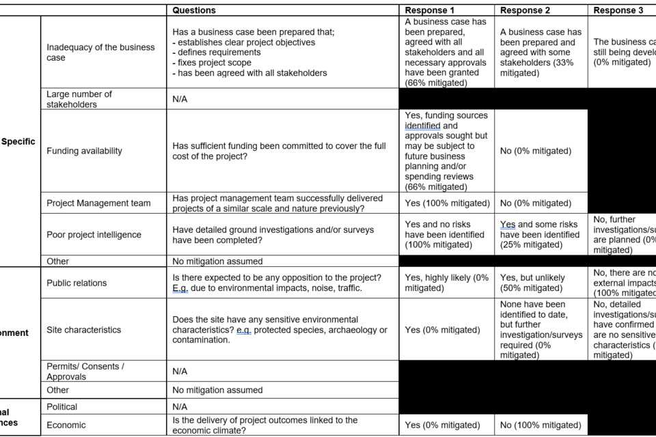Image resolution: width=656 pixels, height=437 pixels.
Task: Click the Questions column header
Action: click(194, 10)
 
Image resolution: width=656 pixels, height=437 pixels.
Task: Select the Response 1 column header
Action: click(430, 10)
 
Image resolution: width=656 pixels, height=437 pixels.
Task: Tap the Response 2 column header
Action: click(525, 10)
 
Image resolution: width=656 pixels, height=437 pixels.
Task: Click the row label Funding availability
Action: click(84, 151)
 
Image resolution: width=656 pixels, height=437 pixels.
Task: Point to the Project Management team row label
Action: click(98, 203)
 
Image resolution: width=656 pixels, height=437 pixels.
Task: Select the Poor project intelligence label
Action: click(94, 235)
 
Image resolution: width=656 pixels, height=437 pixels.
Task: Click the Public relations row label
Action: click(77, 283)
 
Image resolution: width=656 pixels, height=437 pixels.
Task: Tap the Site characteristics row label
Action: click(83, 330)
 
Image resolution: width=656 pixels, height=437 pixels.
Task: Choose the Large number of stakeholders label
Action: click(79, 99)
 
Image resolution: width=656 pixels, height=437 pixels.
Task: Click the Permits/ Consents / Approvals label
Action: click(85, 371)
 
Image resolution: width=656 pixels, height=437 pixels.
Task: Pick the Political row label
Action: click(62, 406)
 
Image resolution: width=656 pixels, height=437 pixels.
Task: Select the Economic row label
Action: click(66, 425)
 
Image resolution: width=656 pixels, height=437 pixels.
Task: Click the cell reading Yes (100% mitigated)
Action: click(447, 203)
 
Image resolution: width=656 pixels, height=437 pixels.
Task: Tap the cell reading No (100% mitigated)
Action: click(541, 425)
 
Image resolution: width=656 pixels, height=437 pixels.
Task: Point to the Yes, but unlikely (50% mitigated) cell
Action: click(533, 283)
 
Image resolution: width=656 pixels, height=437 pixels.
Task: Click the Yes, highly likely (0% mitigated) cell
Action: click(447, 283)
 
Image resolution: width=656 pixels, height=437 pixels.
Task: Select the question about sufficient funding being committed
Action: click(279, 151)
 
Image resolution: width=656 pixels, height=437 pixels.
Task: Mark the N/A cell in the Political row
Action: click(180, 406)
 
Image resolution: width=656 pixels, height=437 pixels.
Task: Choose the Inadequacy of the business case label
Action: click(100, 53)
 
